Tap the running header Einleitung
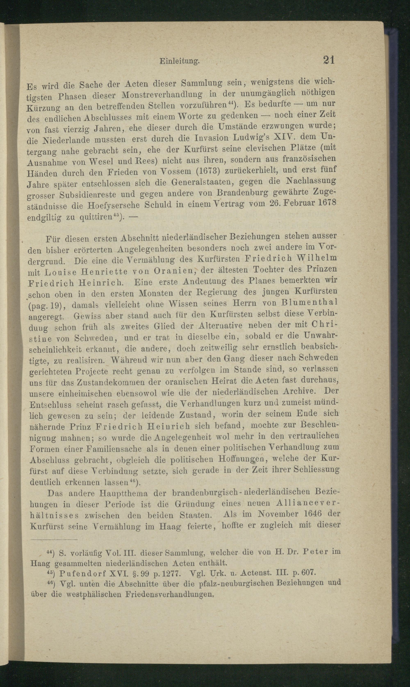pyautogui.click(x=180, y=62)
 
